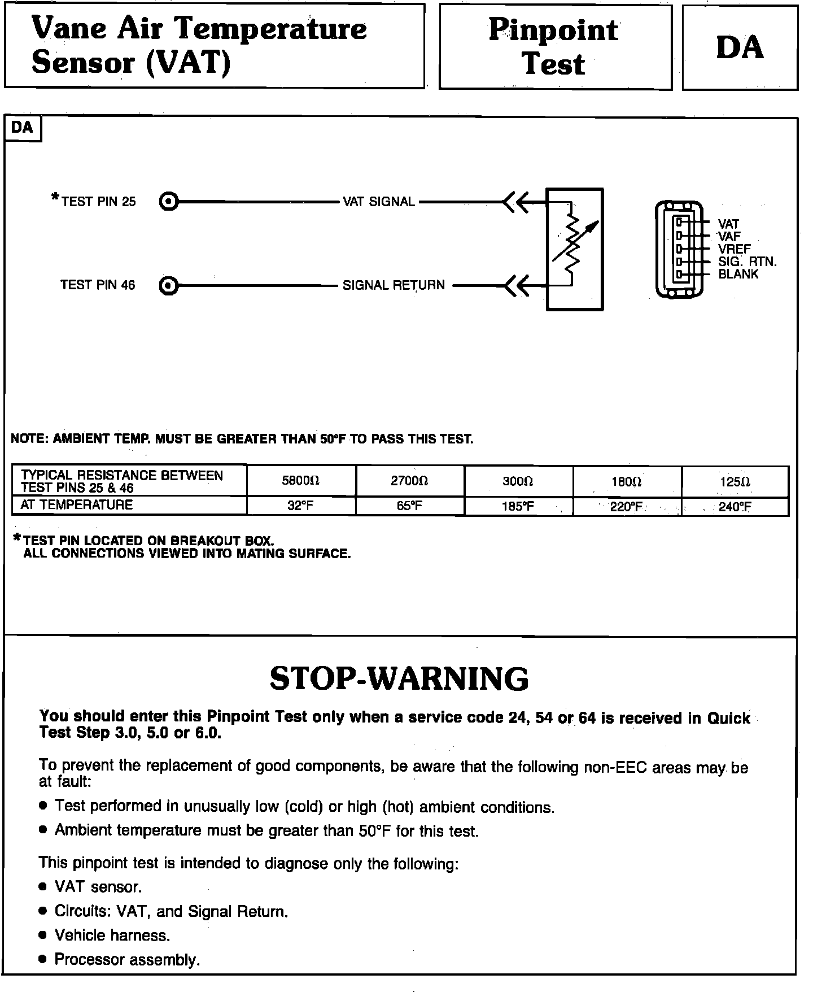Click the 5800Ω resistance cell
[x=300, y=481]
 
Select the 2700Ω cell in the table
[x=409, y=481]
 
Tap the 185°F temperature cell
[x=518, y=506]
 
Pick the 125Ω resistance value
[x=735, y=482]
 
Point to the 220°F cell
[x=626, y=507]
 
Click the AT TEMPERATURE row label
[x=76, y=505]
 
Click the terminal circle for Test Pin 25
[x=168, y=202]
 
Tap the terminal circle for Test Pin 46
[x=168, y=286]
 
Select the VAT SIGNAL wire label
[x=379, y=202]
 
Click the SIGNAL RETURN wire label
[x=394, y=285]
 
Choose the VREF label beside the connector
[x=734, y=249]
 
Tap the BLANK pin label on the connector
[x=738, y=274]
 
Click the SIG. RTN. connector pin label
[x=747, y=262]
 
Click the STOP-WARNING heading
[x=399, y=678]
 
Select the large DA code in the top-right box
[x=740, y=47]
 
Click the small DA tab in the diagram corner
[x=22, y=128]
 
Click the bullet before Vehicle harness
[x=43, y=936]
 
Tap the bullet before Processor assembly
[x=43, y=960]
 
